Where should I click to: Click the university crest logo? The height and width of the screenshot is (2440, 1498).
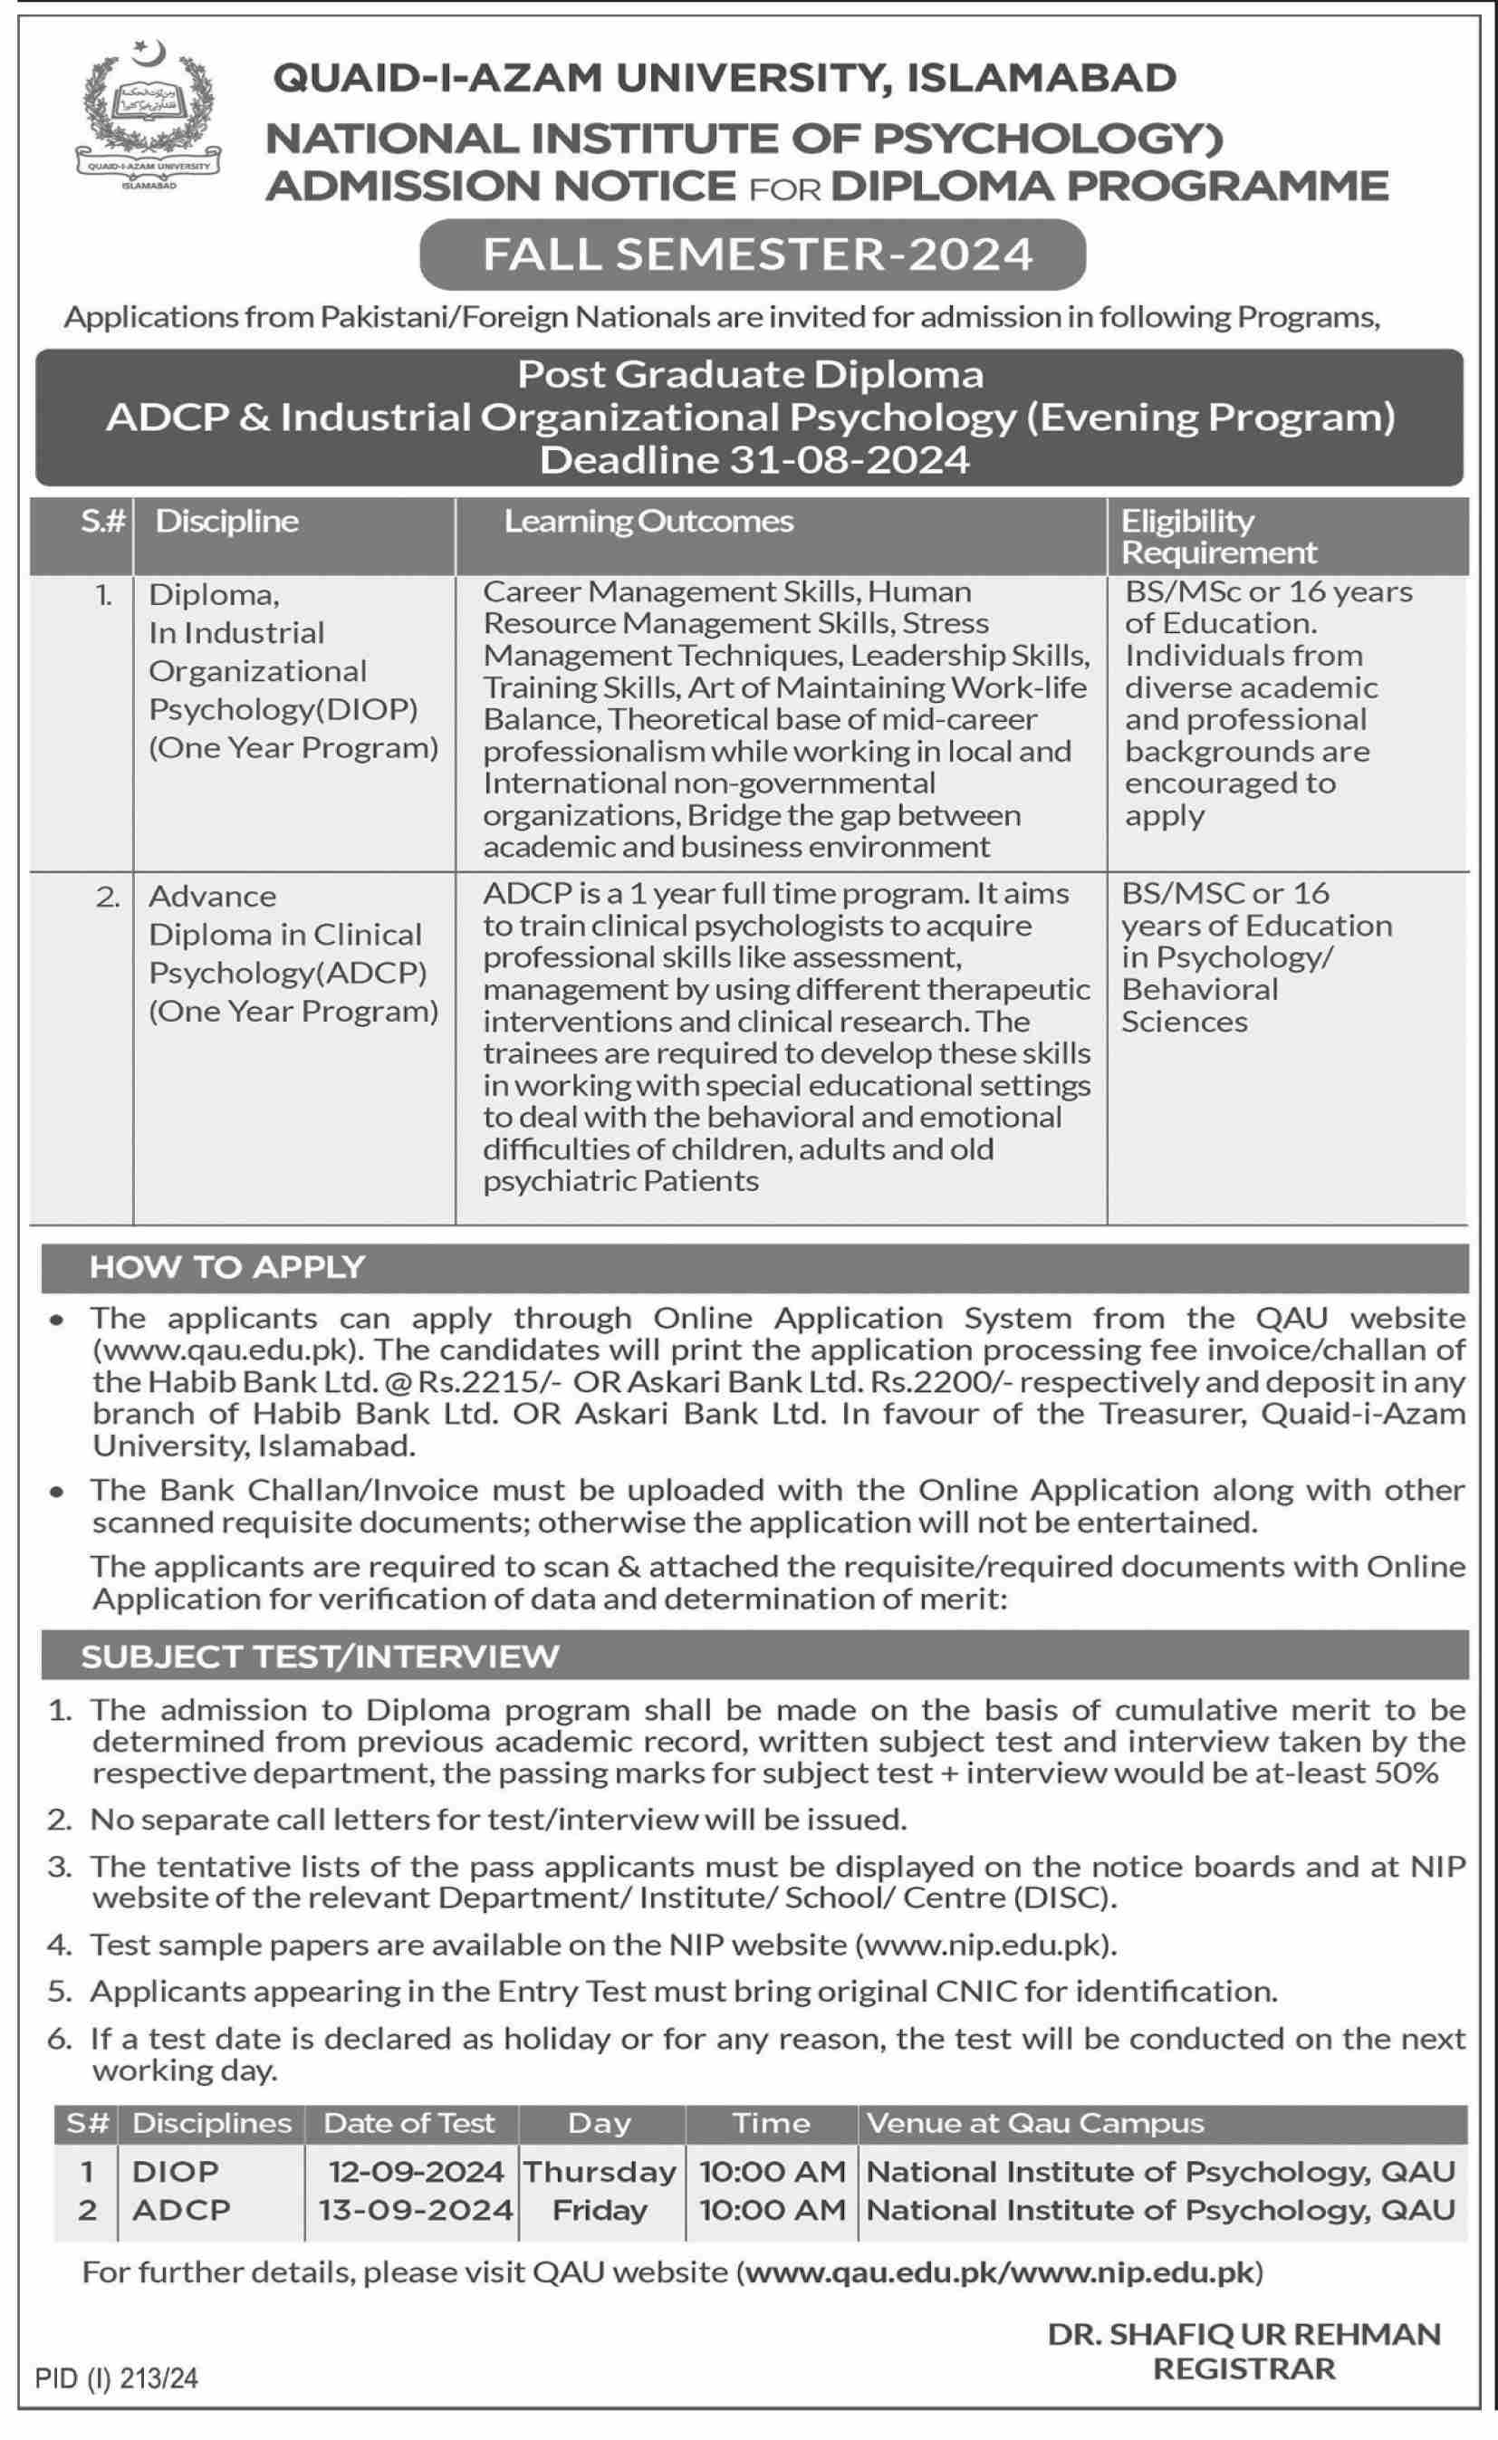pyautogui.click(x=149, y=114)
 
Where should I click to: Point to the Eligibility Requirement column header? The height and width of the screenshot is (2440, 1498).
pyautogui.click(x=1219, y=536)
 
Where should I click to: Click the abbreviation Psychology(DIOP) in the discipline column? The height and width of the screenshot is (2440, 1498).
pyautogui.click(x=283, y=709)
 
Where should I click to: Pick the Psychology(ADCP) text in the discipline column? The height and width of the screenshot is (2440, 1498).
pyautogui.click(x=287, y=973)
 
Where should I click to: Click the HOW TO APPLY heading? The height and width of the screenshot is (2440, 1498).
pyautogui.click(x=227, y=1267)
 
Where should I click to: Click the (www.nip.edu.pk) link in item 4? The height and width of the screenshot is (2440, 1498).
pyautogui.click(x=984, y=1945)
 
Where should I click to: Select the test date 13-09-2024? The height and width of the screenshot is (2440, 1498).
pyautogui.click(x=416, y=2209)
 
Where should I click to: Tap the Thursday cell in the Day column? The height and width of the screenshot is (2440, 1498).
pyautogui.click(x=600, y=2172)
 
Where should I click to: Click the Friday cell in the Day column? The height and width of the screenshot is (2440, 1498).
pyautogui.click(x=600, y=2209)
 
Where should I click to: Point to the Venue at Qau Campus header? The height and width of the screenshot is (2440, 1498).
pyautogui.click(x=1034, y=2123)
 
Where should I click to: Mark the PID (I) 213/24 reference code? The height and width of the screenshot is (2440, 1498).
pyautogui.click(x=117, y=2378)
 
